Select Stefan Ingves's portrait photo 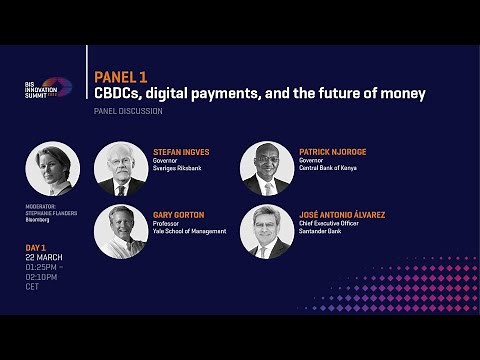[121, 169]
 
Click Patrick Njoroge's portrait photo [267, 169]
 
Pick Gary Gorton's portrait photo [121, 231]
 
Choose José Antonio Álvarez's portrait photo [267, 231]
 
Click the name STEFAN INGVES [181, 152]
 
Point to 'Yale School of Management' [190, 231]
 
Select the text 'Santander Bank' [324, 231]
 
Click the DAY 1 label [37, 248]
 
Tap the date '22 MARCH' [43, 258]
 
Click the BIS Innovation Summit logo [47, 89]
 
